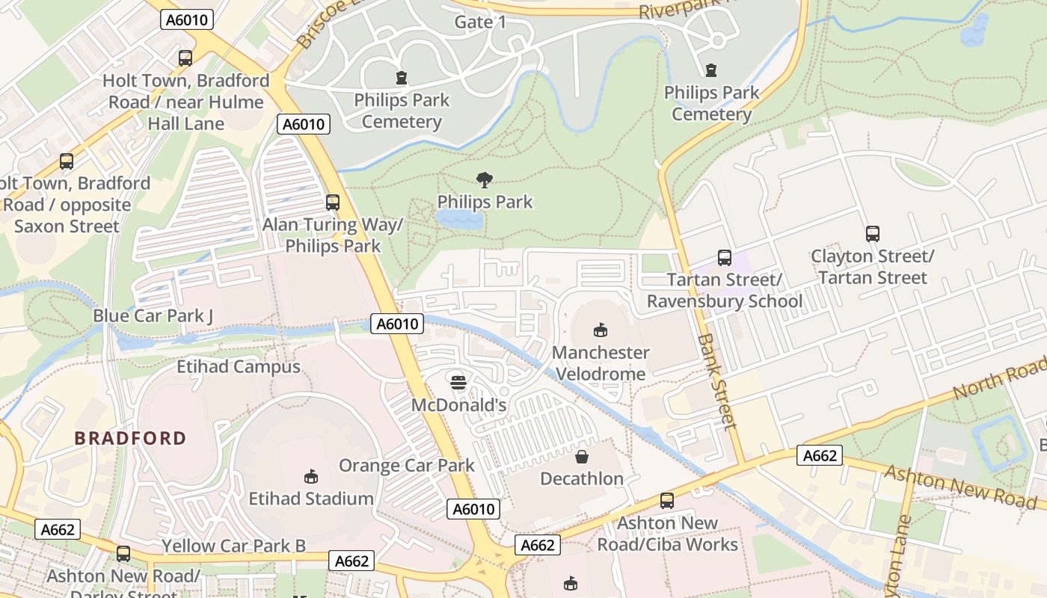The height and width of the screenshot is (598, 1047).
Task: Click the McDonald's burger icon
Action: click(458, 383)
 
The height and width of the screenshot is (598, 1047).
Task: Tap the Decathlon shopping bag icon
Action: click(582, 456)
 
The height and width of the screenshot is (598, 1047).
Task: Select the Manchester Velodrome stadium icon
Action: click(600, 330)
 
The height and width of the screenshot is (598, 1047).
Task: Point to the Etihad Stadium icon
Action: click(311, 476)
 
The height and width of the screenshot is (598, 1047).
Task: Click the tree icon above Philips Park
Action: click(485, 179)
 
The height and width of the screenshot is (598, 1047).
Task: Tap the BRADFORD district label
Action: click(130, 438)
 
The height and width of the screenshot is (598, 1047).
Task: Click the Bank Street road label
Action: click(716, 381)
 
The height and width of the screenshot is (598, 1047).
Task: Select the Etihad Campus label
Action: click(238, 367)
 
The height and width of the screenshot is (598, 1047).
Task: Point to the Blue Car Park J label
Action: click(153, 315)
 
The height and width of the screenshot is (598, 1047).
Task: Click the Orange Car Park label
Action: click(406, 466)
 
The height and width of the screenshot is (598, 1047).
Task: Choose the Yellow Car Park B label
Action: click(233, 546)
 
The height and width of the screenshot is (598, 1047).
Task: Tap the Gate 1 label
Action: click(480, 22)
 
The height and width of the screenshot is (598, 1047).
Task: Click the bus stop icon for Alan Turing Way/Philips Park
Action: click(333, 202)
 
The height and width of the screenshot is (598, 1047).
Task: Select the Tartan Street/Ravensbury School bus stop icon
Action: click(724, 258)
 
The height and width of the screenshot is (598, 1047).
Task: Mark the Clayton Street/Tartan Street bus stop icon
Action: click(872, 234)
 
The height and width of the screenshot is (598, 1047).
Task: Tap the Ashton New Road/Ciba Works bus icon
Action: click(667, 501)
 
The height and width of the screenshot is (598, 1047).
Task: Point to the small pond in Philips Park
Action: click(459, 218)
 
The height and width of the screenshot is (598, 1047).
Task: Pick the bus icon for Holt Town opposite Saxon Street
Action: click(67, 161)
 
